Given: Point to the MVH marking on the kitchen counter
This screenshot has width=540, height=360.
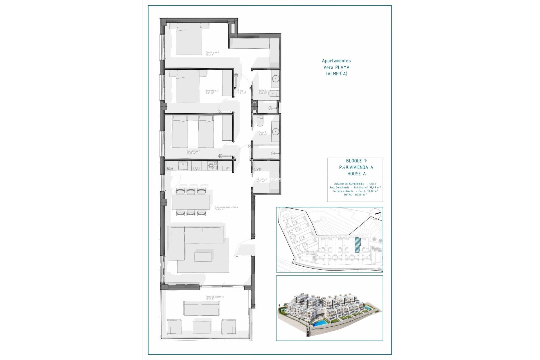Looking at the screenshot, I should click(170, 169).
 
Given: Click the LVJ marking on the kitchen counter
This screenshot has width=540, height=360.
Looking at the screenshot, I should click(196, 169).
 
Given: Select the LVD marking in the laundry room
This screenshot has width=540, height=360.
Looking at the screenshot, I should click(258, 169).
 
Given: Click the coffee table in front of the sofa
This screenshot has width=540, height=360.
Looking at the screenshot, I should click(203, 256).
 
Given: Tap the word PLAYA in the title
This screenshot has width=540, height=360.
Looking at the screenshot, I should click(343, 67).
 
